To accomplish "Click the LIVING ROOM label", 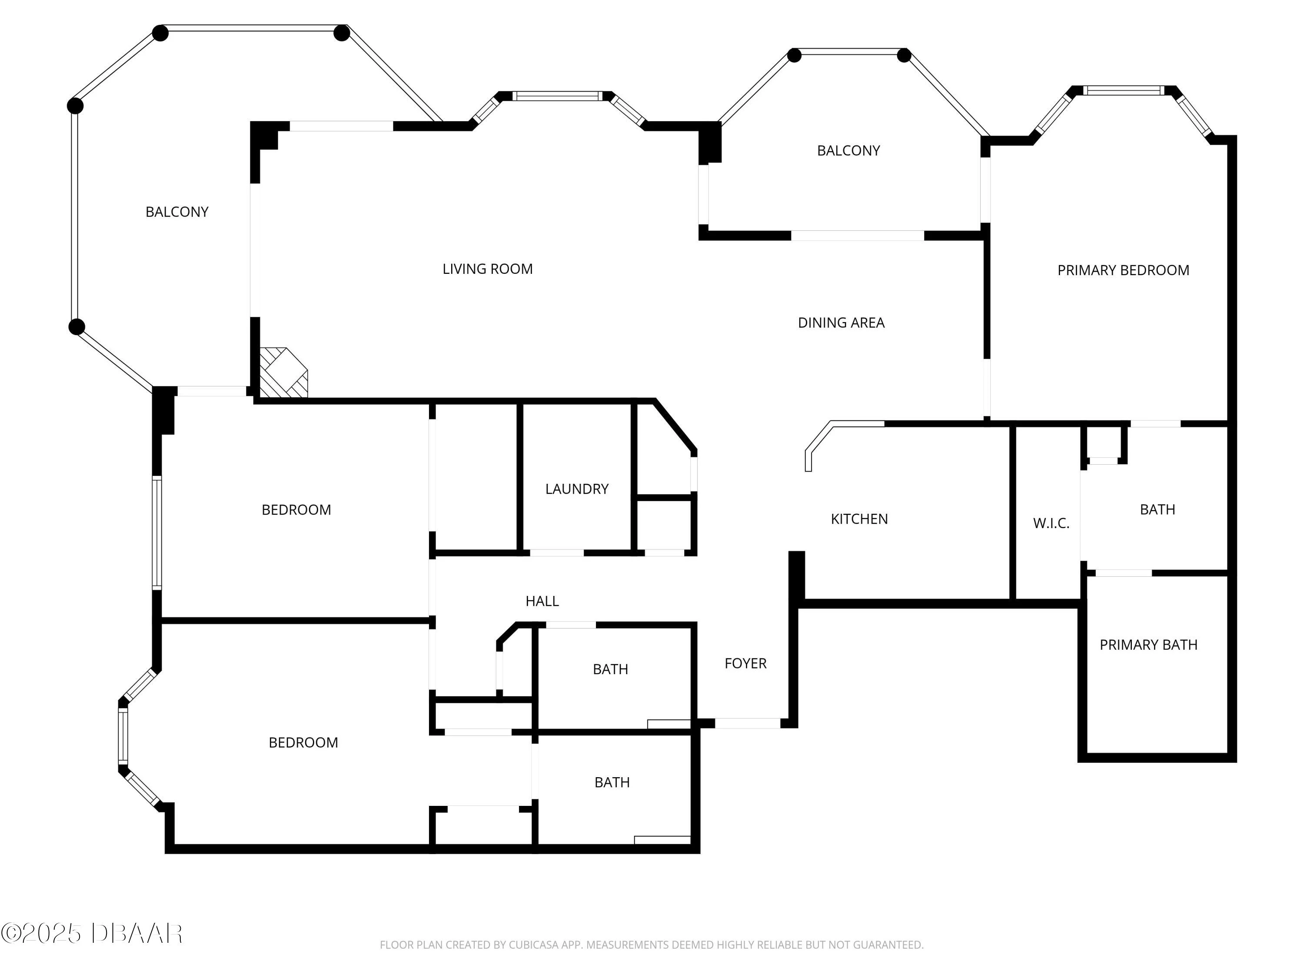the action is coord(488,269).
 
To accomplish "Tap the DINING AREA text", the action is coord(841,323).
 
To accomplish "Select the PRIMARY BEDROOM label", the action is coord(1123,270).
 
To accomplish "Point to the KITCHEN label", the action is coord(859,519).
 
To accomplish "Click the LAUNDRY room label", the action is coord(576,489).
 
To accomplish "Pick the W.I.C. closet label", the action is coord(1051,523).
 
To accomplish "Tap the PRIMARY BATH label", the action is coord(1148,645).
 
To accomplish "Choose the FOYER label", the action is coord(745,663).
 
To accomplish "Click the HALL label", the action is coord(542,601).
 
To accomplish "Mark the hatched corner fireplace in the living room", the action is coord(283,373).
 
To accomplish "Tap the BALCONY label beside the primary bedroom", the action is coord(848,150).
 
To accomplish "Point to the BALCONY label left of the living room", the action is coord(177,212).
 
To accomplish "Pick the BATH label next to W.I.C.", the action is coord(1157,509).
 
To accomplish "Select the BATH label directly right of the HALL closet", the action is coord(610,669).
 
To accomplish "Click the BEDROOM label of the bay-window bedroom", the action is coord(303,742).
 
